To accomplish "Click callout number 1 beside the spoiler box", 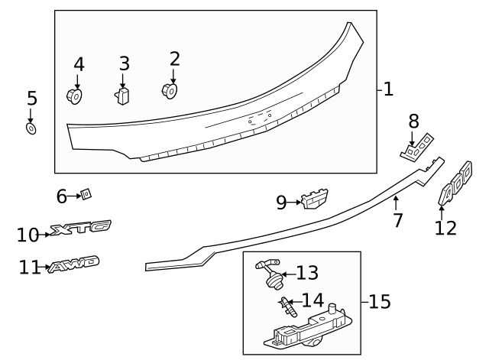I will pyautogui.click(x=388, y=90).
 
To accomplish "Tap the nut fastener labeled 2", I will pyautogui.click(x=170, y=89).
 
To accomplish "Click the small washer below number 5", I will pyautogui.click(x=31, y=128).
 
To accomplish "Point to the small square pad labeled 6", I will pyautogui.click(x=86, y=195).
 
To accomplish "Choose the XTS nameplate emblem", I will pyautogui.click(x=81, y=227).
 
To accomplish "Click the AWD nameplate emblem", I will pyautogui.click(x=73, y=265).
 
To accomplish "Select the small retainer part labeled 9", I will pyautogui.click(x=315, y=199).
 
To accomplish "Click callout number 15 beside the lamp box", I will pyautogui.click(x=379, y=302).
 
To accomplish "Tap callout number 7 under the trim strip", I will pyautogui.click(x=397, y=222).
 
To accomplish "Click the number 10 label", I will pyautogui.click(x=27, y=235).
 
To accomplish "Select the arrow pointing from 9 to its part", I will pyautogui.click(x=295, y=203).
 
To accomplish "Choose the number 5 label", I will pyautogui.click(x=31, y=99).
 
